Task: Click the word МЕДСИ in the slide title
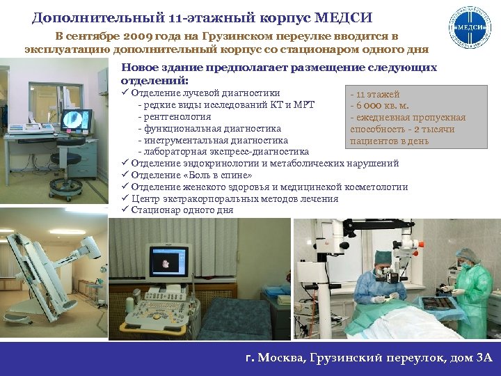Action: click(344, 15)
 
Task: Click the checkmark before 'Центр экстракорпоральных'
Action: click(125, 198)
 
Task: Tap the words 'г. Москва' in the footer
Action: click(272, 358)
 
